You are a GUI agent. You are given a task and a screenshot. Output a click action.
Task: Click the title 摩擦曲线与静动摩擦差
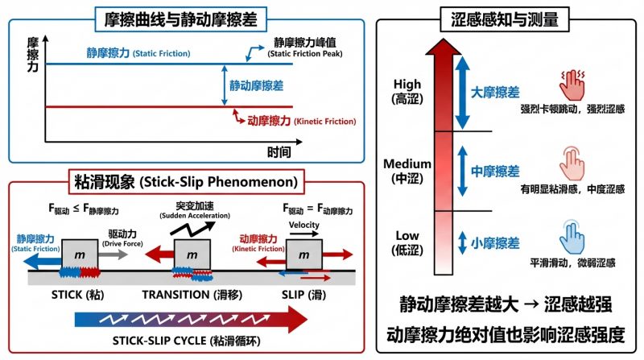[186, 17]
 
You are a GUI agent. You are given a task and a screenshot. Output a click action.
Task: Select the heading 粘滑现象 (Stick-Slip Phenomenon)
[187, 180]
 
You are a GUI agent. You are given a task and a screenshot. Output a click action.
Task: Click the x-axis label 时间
[279, 151]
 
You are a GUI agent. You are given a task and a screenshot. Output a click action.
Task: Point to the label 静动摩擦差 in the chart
[256, 85]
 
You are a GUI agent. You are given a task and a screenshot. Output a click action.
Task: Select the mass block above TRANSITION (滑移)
[191, 255]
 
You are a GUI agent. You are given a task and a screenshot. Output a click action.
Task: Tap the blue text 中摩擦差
[495, 172]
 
